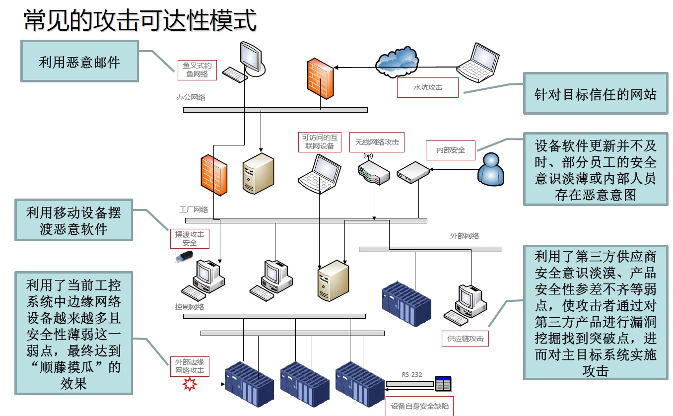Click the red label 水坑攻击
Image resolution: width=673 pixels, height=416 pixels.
pos(427,87)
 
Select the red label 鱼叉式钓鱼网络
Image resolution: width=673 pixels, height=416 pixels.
pos(197,70)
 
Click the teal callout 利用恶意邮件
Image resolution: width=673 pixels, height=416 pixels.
pos(79,62)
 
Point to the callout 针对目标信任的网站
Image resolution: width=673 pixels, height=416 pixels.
pos(596,94)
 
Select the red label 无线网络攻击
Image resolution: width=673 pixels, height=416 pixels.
pos(377,142)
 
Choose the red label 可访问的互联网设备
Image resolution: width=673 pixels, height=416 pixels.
pos(320,142)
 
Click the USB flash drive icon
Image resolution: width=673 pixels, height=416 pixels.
pos(183,257)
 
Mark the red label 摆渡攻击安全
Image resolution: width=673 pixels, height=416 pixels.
pos(190,239)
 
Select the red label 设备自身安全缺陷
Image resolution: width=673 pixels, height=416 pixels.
pos(419,406)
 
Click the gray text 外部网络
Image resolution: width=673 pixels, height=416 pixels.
pos(465,236)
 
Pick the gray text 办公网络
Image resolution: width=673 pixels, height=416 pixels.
pos(191,98)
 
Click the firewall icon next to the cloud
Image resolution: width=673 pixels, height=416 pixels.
pos(320,77)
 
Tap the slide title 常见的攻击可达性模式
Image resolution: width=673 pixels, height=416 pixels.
pos(140,21)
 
